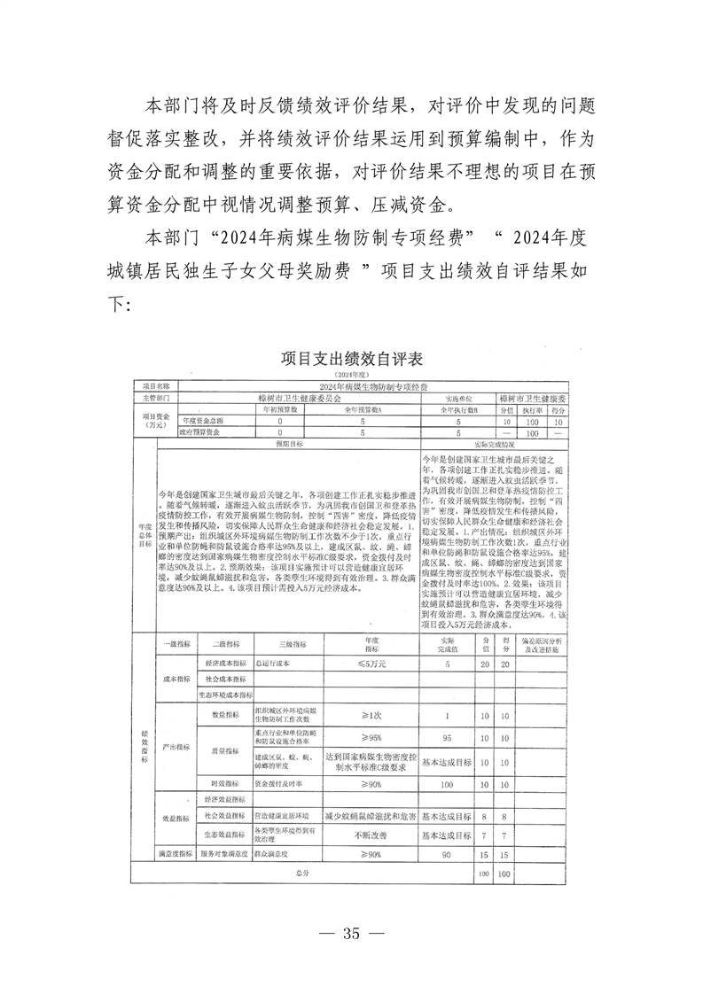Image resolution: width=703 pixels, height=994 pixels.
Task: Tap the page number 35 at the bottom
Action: pos(351,933)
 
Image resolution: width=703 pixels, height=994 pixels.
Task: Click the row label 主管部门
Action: pos(154,399)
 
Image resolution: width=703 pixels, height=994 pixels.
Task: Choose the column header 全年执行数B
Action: pos(458,410)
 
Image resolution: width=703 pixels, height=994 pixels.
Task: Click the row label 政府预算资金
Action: pos(200,433)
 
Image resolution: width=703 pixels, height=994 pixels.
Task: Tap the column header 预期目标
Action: pos(288,444)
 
